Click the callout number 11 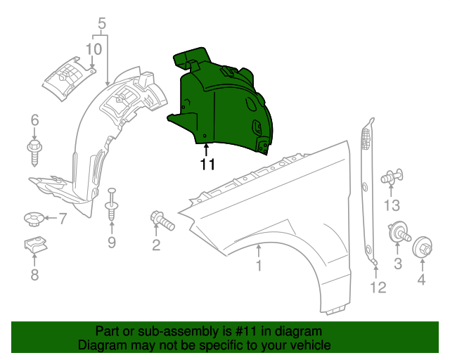click(x=207, y=165)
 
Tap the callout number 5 click(x=102, y=26)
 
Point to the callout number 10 click(x=94, y=49)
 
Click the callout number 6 click(x=34, y=121)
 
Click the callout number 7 click(x=62, y=219)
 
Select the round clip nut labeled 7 click(x=34, y=220)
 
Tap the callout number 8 click(x=34, y=275)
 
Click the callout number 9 click(x=111, y=243)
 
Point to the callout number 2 click(x=156, y=245)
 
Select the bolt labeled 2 click(x=161, y=220)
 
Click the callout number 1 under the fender click(x=259, y=265)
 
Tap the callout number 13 click(x=391, y=205)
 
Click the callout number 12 click(x=378, y=287)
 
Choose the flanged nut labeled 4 click(x=423, y=248)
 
